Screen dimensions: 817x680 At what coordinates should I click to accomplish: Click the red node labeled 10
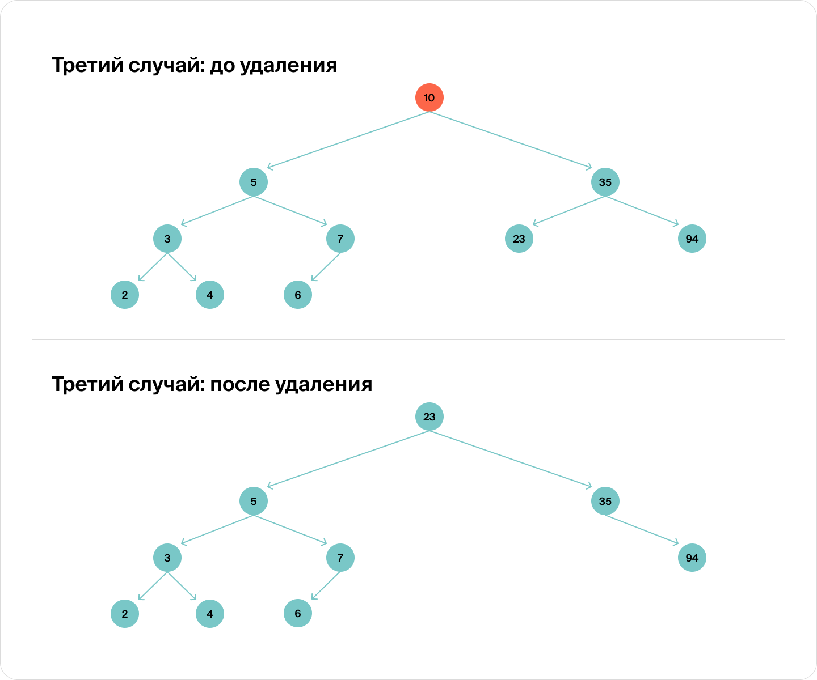[x=429, y=97]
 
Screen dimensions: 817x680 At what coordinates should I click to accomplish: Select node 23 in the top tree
[x=519, y=239]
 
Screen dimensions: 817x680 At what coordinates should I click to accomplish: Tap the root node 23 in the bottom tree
[x=429, y=416]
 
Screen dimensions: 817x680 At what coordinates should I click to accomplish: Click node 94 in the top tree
[x=692, y=239]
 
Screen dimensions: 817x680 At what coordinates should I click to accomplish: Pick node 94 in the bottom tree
[x=692, y=558]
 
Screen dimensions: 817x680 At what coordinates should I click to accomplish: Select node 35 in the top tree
[x=605, y=182]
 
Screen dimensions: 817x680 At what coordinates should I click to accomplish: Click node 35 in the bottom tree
[x=605, y=501]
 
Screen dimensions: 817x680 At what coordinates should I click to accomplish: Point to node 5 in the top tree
[x=254, y=182]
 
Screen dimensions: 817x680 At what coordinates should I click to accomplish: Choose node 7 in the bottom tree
[x=340, y=558]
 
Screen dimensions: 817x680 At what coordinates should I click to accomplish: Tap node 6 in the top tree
[x=298, y=295]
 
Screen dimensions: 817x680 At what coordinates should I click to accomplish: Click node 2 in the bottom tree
[x=125, y=614]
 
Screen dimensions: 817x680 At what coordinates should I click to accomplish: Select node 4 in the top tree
[x=210, y=295]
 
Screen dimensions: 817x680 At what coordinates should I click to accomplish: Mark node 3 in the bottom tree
[x=167, y=558]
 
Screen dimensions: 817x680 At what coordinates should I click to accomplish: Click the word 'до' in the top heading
[x=222, y=66]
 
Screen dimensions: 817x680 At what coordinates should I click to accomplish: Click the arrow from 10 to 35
[x=511, y=141]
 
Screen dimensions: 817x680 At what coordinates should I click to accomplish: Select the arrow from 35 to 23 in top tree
[x=569, y=211]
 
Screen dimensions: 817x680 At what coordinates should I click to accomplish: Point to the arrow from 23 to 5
[x=348, y=459]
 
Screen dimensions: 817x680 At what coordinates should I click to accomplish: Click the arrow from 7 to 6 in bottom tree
[x=326, y=585]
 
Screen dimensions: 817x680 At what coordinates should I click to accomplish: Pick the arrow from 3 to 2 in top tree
[x=153, y=267]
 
